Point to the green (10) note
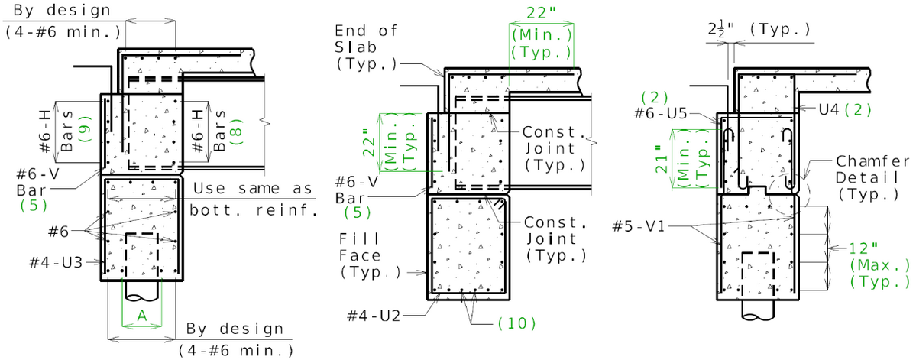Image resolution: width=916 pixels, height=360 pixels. click(x=516, y=322)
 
